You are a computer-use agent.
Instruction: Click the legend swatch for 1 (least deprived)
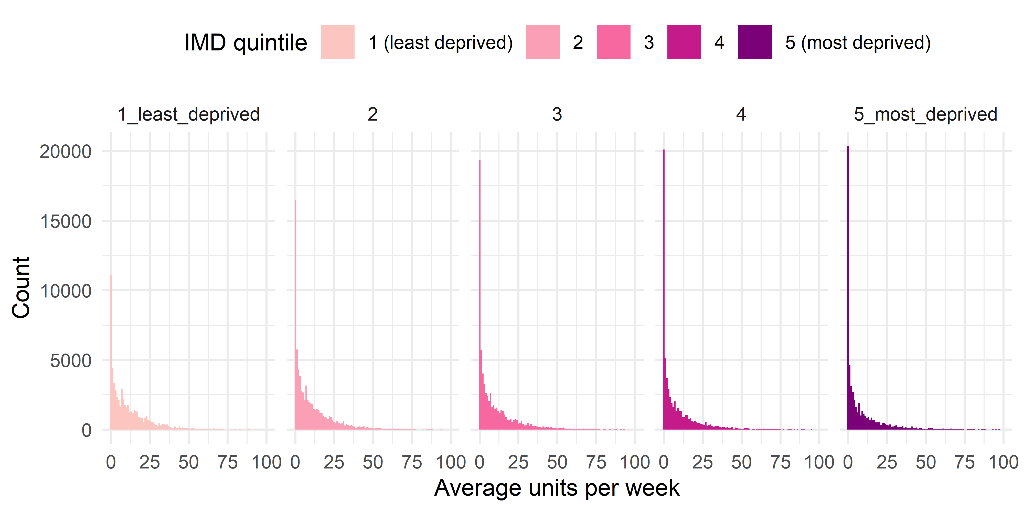[337, 42]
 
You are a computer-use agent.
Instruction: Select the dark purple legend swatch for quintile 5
[755, 42]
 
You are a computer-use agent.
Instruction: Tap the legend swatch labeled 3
[613, 42]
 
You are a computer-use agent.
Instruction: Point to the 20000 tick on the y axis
[66, 152]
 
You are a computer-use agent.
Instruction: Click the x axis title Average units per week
[557, 488]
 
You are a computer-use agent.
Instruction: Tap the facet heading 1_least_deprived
[189, 114]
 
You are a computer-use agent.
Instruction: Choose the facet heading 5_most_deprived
[925, 114]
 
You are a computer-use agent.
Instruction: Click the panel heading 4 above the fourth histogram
[741, 114]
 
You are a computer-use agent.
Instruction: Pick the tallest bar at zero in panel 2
[295, 314]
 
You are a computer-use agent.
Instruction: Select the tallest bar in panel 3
[480, 294]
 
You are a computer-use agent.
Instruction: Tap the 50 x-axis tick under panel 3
[557, 462]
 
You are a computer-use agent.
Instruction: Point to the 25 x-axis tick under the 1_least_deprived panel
[150, 462]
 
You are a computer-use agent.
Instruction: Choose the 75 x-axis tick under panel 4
[780, 462]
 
